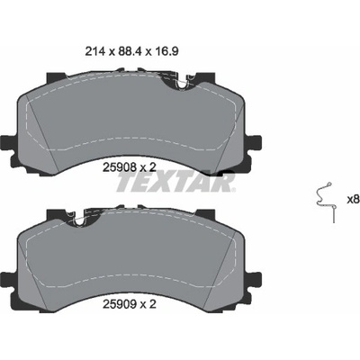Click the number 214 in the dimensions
(x=94, y=51)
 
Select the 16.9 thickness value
(x=166, y=51)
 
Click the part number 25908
(x=119, y=167)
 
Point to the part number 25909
(x=119, y=304)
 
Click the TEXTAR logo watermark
(x=175, y=182)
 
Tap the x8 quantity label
(x=353, y=200)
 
